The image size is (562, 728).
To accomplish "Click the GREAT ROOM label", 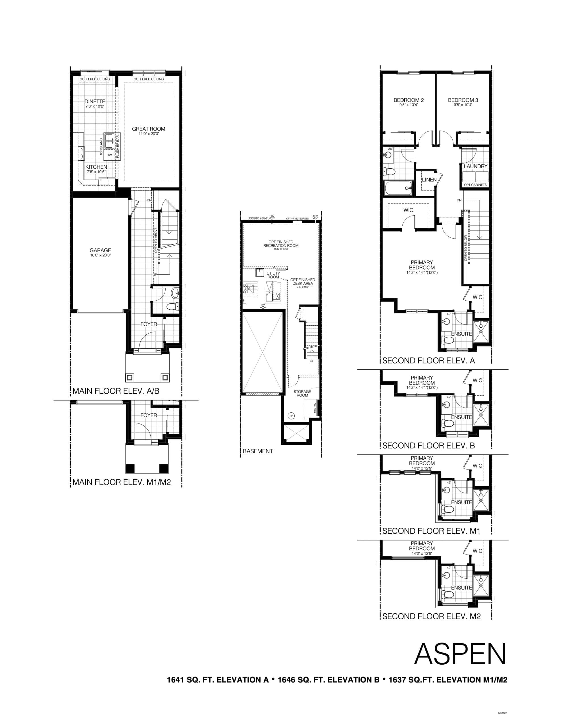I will (x=148, y=129).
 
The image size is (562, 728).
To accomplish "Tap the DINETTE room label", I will (x=95, y=101).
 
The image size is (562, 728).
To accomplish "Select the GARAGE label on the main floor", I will (x=100, y=250).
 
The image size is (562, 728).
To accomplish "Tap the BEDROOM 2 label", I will (x=408, y=100).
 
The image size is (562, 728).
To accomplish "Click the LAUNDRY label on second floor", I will (x=475, y=166).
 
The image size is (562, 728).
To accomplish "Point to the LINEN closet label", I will (x=429, y=180).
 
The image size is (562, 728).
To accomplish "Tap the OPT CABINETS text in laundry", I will (x=475, y=185).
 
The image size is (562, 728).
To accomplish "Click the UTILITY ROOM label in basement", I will (x=273, y=275).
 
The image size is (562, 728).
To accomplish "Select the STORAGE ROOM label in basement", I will (x=302, y=393).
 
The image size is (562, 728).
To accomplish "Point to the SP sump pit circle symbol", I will (x=291, y=416).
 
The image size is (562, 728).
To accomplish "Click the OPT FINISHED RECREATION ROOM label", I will (x=280, y=244).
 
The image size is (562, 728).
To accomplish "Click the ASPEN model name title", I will (x=460, y=654).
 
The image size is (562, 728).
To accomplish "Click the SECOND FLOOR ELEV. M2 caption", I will (x=431, y=616).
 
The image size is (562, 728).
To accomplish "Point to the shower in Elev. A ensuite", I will (x=481, y=332).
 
